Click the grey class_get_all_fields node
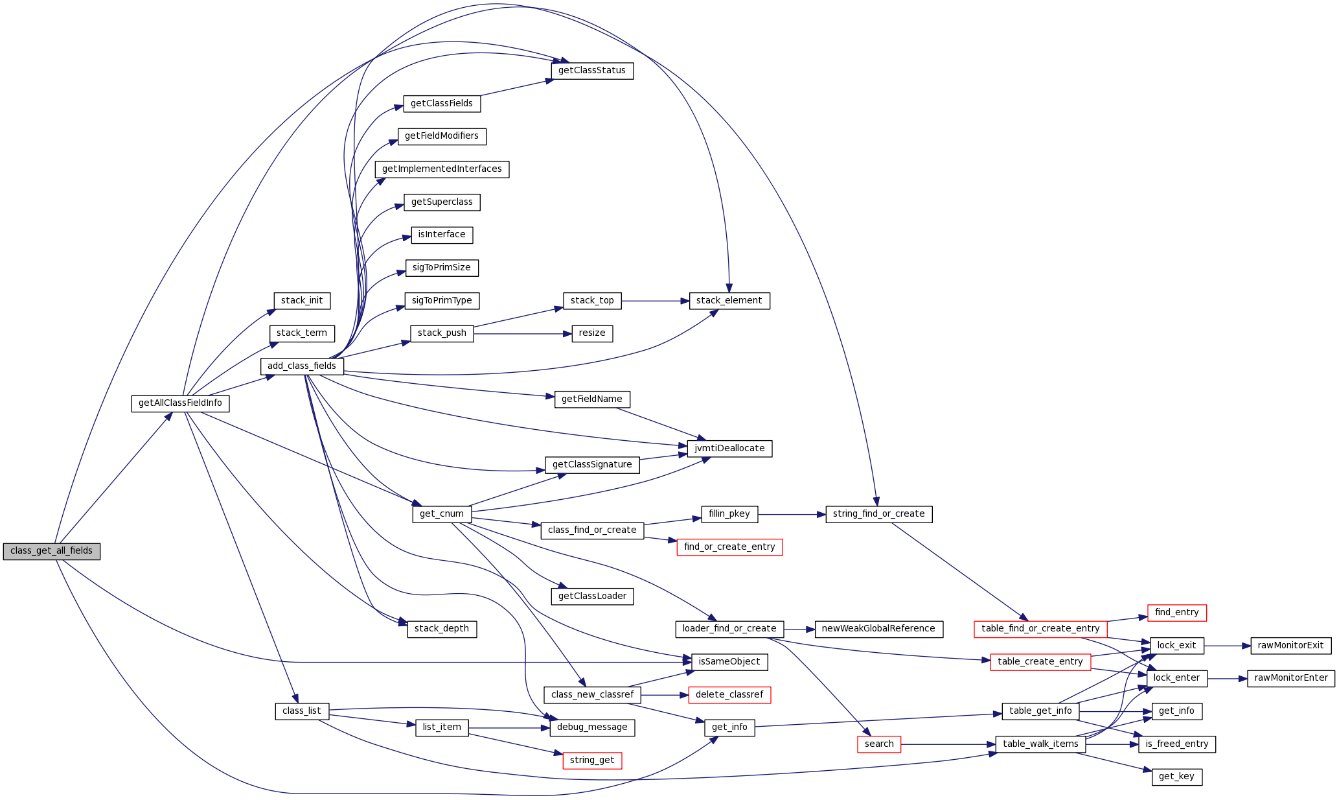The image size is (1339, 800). pos(52,551)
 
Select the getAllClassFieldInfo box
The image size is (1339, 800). pos(180,403)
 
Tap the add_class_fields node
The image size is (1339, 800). pos(302,366)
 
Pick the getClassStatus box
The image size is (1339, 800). pos(592,71)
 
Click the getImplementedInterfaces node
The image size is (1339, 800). pos(442,169)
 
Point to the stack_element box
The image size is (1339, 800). pos(729,301)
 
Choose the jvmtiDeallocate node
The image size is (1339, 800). pos(729,449)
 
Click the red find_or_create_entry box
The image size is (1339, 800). pos(729,547)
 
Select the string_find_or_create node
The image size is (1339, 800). pos(878,514)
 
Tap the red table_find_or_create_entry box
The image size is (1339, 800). pos(1040,629)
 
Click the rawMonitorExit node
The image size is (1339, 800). pos(1290,646)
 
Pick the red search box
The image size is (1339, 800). pos(878,744)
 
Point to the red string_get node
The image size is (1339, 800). pos(592,760)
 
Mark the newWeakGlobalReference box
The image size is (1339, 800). pos(878,629)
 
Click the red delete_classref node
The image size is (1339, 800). pos(729,695)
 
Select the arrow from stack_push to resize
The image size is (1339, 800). pos(522,334)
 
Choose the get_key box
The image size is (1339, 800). pos(1176,777)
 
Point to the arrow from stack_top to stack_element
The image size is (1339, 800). pos(654,301)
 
